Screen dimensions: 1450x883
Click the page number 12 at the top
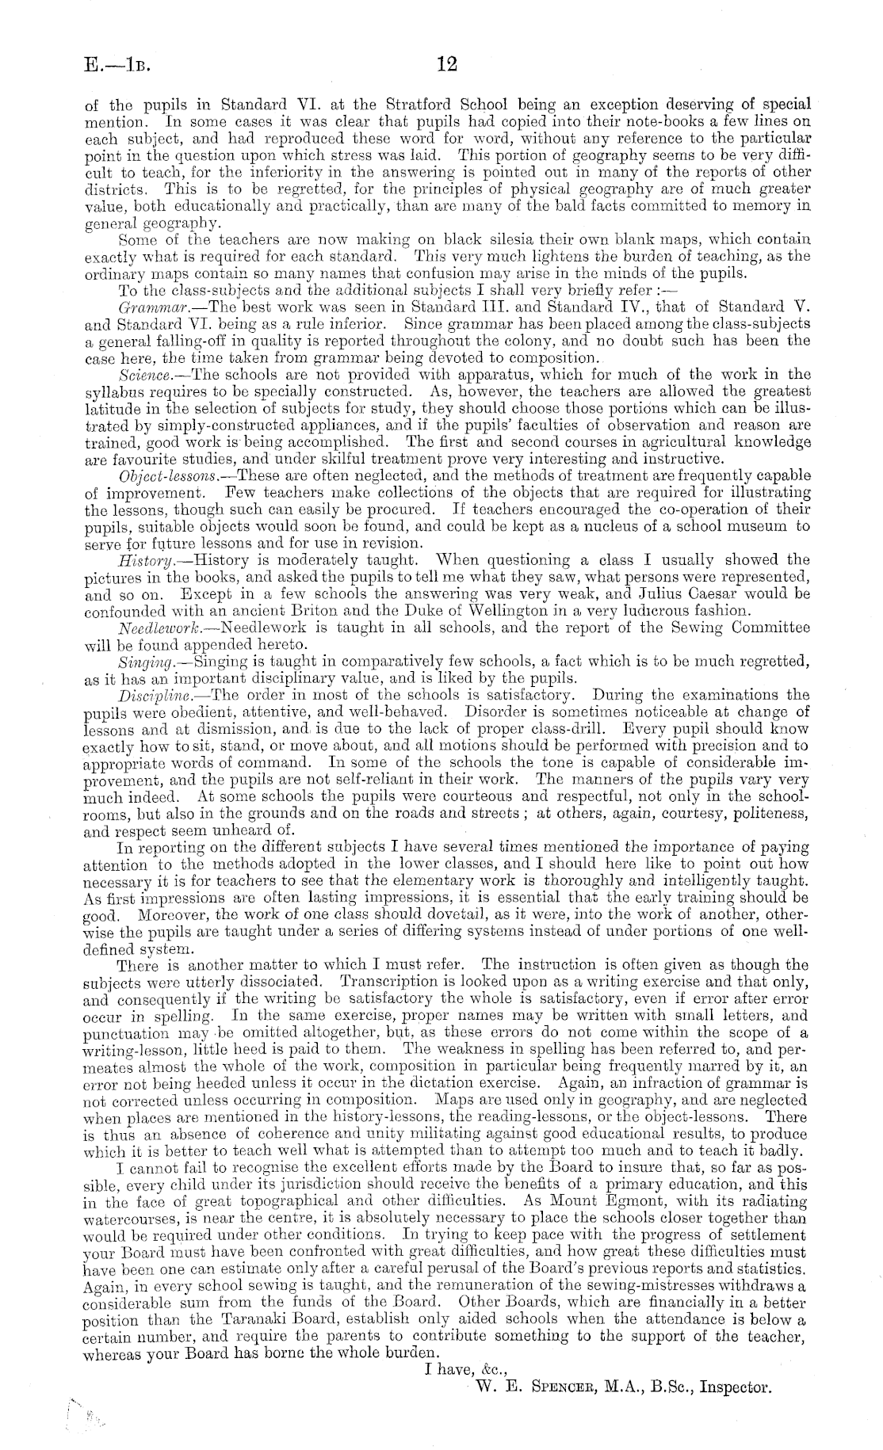point(442,64)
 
